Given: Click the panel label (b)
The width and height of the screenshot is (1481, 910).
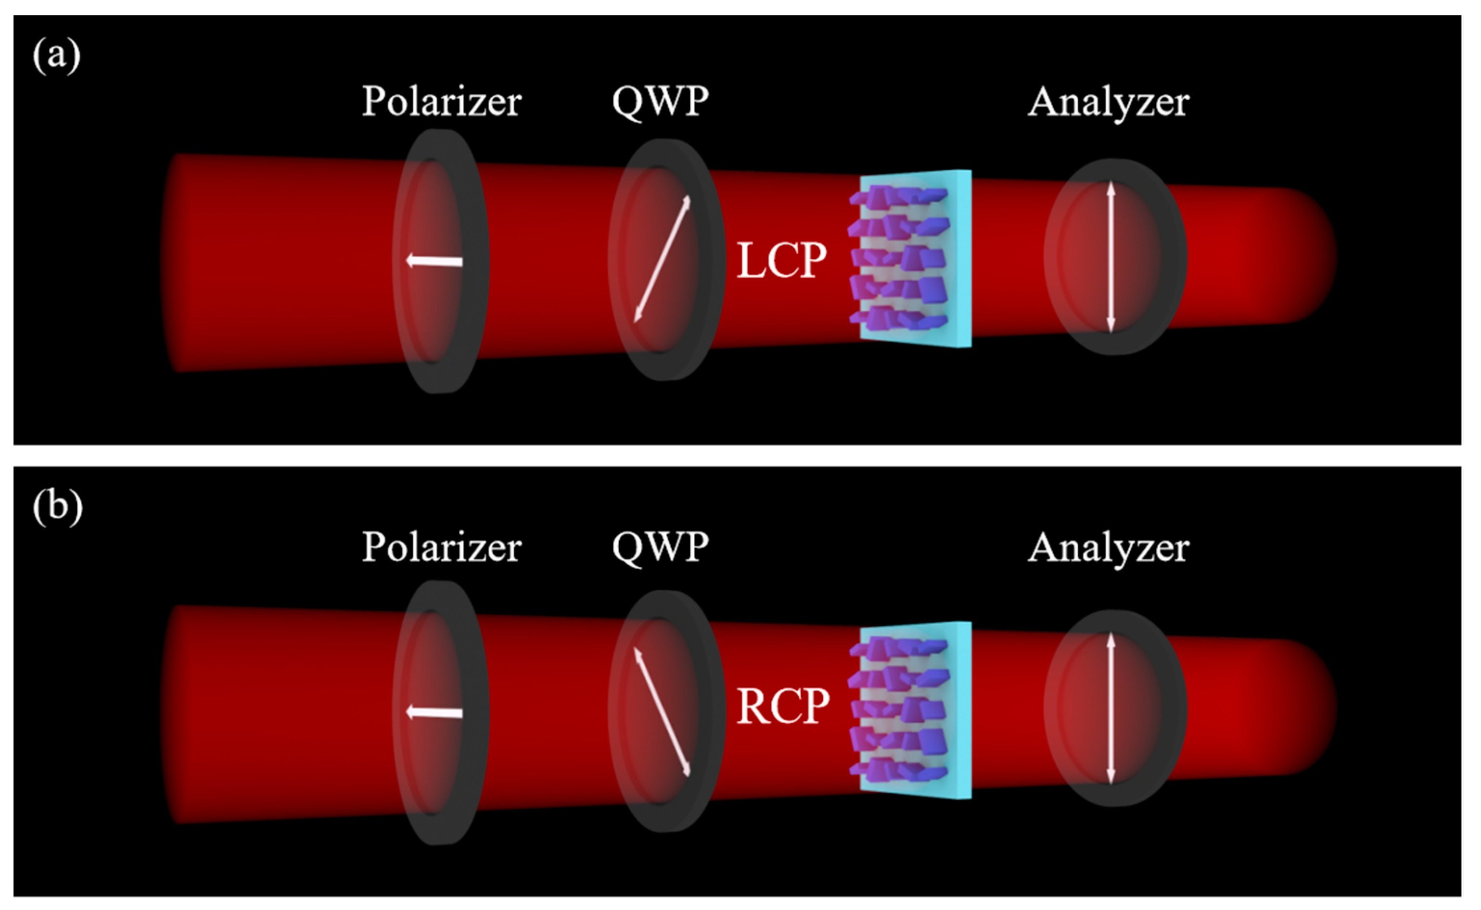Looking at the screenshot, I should pyautogui.click(x=57, y=507).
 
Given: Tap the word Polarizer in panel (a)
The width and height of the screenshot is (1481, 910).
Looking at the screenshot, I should pyautogui.click(x=441, y=102).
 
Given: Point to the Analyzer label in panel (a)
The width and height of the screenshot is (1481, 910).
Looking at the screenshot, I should pyautogui.click(x=1108, y=102).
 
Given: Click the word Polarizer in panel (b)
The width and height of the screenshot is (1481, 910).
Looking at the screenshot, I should pyautogui.click(x=441, y=548).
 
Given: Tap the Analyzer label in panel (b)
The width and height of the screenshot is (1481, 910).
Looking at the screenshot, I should pyautogui.click(x=1108, y=548).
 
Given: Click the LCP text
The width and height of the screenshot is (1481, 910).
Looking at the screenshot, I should pyautogui.click(x=781, y=261).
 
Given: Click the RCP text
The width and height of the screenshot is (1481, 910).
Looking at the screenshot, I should pyautogui.click(x=783, y=706).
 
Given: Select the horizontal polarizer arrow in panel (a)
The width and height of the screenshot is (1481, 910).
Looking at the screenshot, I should pyautogui.click(x=434, y=261).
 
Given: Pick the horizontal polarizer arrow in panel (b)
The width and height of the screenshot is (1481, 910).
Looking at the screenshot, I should pyautogui.click(x=434, y=713).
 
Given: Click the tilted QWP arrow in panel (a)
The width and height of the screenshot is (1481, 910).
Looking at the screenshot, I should pyautogui.click(x=662, y=259).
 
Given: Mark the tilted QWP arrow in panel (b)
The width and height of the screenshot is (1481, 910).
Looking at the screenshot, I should pyautogui.click(x=662, y=712).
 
